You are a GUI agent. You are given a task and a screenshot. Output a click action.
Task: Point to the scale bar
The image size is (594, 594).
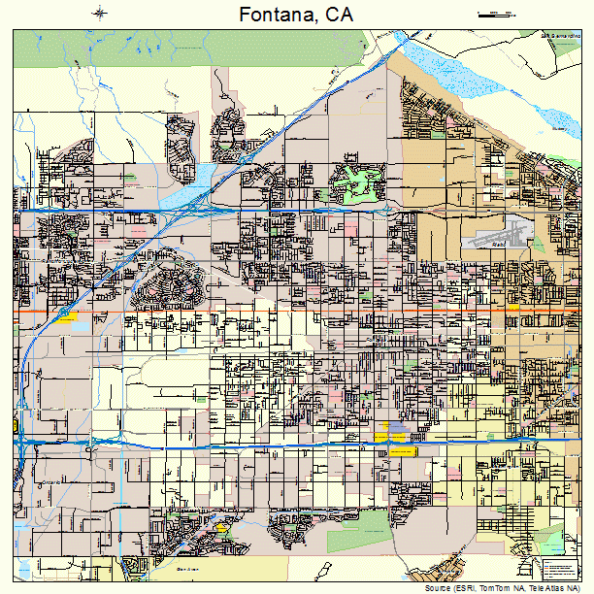(x=496, y=14)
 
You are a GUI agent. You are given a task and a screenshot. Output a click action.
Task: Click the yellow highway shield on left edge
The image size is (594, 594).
(x=16, y=426)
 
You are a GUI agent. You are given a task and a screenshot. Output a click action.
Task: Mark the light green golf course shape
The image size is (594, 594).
(x=353, y=183)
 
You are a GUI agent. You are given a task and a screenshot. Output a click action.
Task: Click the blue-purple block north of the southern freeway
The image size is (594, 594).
(x=397, y=427)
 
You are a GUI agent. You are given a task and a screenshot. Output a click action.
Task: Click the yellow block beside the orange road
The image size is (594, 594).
(x=67, y=315)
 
